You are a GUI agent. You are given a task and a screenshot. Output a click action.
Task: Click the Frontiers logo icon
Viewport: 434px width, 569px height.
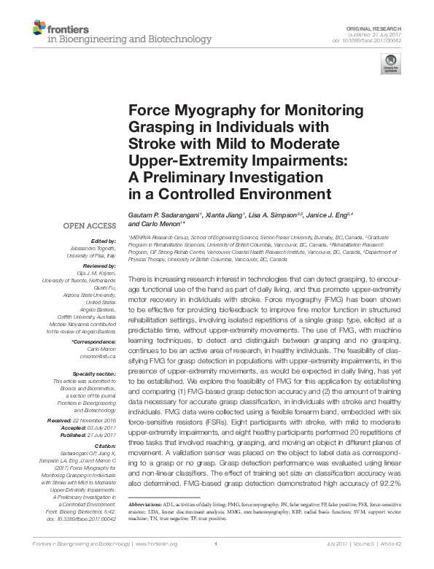(x=40, y=28)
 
